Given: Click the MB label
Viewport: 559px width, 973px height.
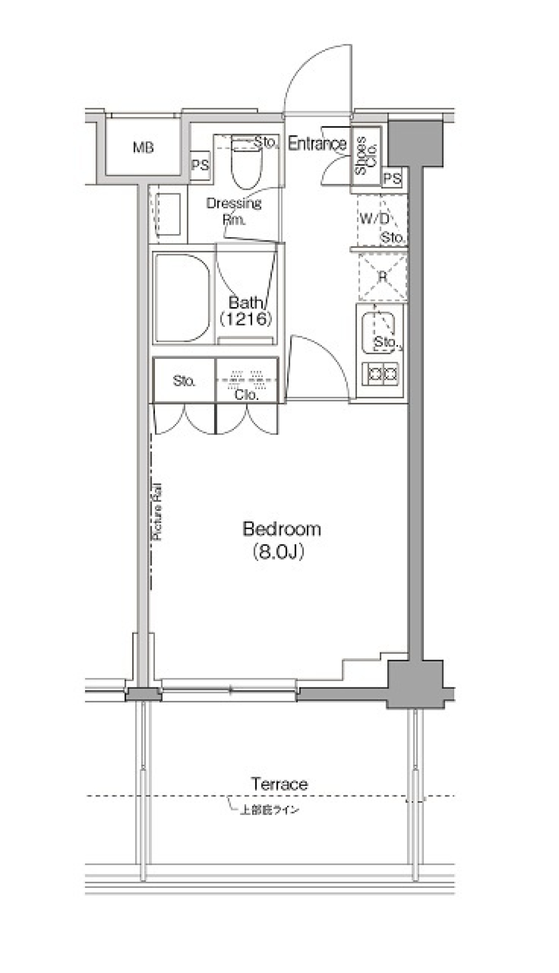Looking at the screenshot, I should pos(143,148).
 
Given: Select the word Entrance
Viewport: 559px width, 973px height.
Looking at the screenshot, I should pos(317,143).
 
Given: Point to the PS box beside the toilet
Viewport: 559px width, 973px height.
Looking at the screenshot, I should pos(200,165).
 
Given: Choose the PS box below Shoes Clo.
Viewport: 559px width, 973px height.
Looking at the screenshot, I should pos(392,178).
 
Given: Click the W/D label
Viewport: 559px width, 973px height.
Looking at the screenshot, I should pos(374,218).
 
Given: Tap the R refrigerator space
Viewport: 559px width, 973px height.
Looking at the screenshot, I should pos(383,277).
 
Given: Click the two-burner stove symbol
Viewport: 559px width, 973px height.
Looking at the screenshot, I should pos(381,373).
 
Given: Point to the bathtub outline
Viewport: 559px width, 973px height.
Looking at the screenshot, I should pos(182,298).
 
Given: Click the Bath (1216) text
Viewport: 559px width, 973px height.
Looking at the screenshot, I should pos(246,311).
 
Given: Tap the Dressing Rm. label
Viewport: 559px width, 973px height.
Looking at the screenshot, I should pos(234,211).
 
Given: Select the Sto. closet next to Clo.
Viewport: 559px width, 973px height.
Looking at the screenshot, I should pos(184,381).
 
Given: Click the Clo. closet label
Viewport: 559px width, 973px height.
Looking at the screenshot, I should pos(246,394).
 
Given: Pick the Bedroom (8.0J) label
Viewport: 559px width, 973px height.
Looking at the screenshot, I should pos(281,540).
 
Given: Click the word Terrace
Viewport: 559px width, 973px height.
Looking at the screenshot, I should pos(279,784).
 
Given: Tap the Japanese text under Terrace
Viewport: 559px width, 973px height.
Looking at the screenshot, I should pos(270,810).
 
